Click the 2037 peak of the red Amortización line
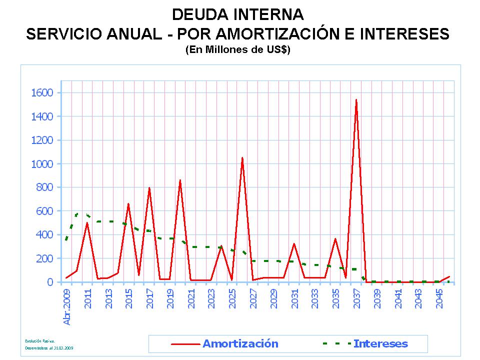356,100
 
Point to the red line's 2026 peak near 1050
242,158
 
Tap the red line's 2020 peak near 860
180,180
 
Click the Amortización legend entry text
240,343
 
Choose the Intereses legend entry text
380,343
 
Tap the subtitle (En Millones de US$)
237,50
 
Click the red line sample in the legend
185,344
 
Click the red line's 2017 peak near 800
149,188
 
